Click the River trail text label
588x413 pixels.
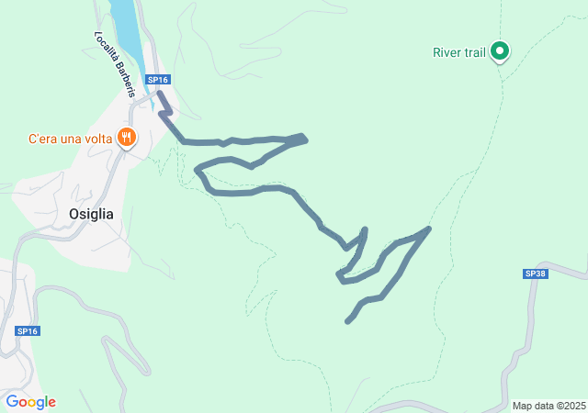(458, 52)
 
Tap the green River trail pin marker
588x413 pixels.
(499, 50)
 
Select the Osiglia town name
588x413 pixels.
(92, 214)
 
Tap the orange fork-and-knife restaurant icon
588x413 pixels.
(127, 139)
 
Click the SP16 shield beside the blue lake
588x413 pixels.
(158, 80)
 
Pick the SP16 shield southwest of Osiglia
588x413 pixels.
(28, 330)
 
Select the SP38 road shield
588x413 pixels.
(536, 273)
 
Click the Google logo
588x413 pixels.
(30, 402)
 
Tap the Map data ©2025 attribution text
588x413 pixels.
(548, 406)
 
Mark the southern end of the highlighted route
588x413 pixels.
(347, 321)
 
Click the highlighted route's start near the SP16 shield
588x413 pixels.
(160, 93)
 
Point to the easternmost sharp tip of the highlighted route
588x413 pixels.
(429, 228)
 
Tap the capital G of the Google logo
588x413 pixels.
(12, 402)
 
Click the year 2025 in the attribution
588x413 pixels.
(573, 406)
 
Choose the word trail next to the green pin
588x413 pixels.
(474, 52)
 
